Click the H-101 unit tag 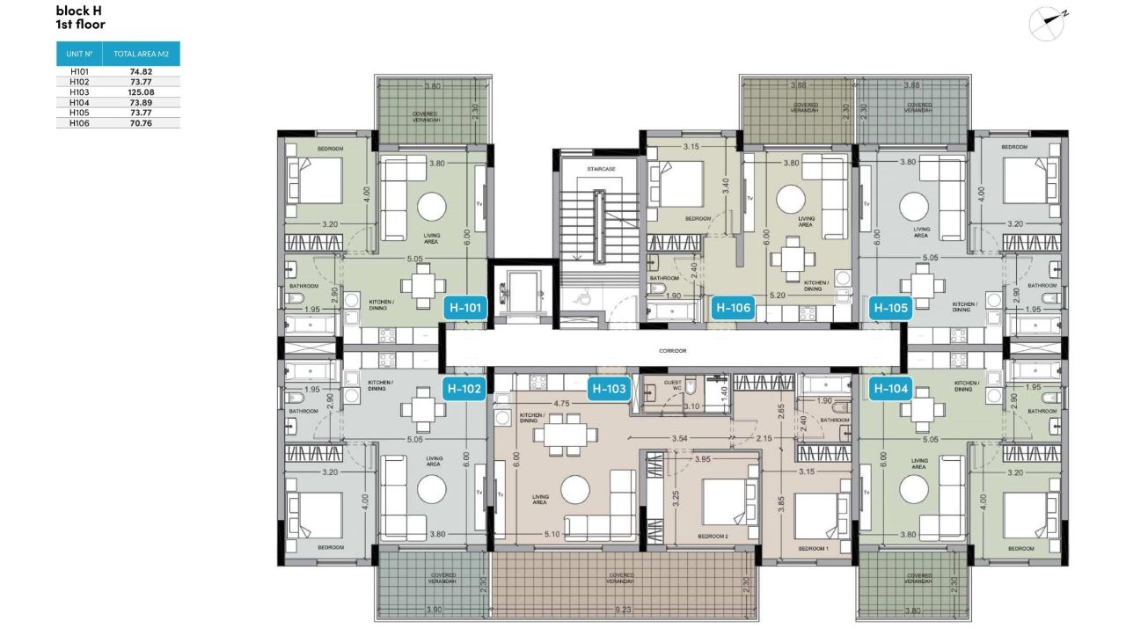point(465,308)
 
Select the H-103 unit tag point(609,388)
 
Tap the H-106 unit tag point(733,308)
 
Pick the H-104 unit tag point(888,388)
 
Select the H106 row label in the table point(79,123)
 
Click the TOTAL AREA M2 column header point(141,54)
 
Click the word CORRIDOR point(672,351)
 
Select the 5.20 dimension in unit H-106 point(777,296)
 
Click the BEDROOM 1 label point(812,548)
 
